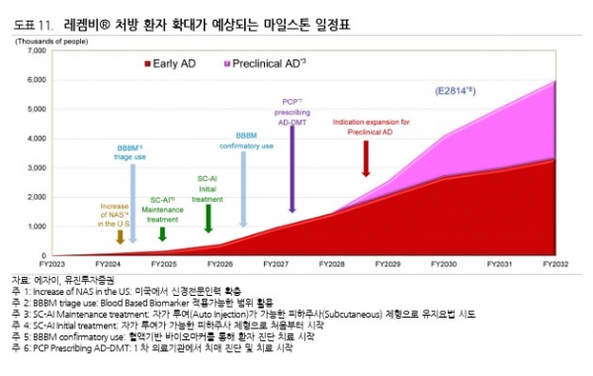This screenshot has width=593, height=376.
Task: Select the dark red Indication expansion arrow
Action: coord(367,158)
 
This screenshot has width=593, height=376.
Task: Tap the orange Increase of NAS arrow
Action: coord(120,236)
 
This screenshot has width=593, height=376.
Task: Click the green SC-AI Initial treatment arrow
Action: coord(208,217)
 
